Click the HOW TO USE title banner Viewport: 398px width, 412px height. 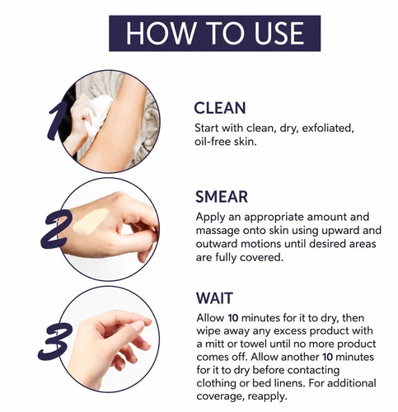(214, 33)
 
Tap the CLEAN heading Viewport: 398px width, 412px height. (220, 108)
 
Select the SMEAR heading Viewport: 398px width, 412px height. (222, 197)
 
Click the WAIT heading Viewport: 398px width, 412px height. (214, 298)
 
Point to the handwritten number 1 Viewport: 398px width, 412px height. (56, 121)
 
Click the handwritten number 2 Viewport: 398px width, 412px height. (56, 229)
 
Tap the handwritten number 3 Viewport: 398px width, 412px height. (55, 341)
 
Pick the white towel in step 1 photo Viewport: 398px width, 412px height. (96, 115)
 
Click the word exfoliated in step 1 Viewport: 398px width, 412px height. (328, 129)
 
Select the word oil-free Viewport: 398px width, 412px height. (213, 142)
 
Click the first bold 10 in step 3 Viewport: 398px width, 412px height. (233, 318)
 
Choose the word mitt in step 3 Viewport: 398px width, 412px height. (218, 344)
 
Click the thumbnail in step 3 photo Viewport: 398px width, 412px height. (138, 325)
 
